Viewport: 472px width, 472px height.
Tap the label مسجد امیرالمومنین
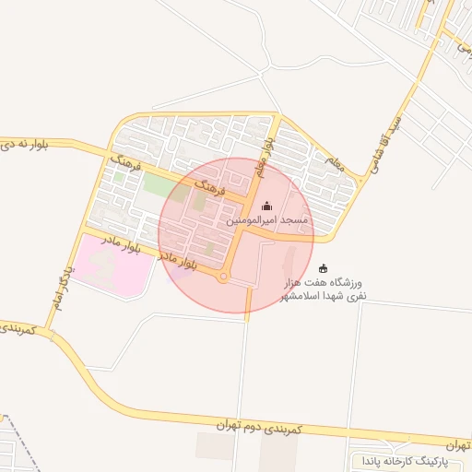pyautogui.click(x=267, y=223)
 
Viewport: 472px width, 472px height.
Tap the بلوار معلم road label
pyautogui.click(x=265, y=156)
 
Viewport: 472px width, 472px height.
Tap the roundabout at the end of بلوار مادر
pyautogui.click(x=223, y=278)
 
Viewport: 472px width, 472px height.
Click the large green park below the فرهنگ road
pyautogui.click(x=159, y=185)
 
